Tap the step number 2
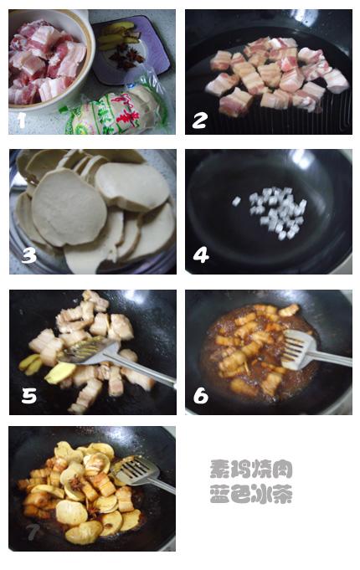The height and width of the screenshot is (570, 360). click(x=199, y=120)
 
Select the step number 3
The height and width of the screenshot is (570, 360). click(x=28, y=255)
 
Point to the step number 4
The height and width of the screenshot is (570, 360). click(x=201, y=255)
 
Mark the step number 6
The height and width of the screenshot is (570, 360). click(x=201, y=395)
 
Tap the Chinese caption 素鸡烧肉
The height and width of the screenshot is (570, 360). click(x=250, y=470)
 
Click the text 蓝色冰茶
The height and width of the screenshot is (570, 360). click(x=250, y=495)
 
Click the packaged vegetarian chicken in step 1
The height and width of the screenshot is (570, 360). click(x=113, y=110)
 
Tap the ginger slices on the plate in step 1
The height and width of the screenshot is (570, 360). click(x=118, y=36)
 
